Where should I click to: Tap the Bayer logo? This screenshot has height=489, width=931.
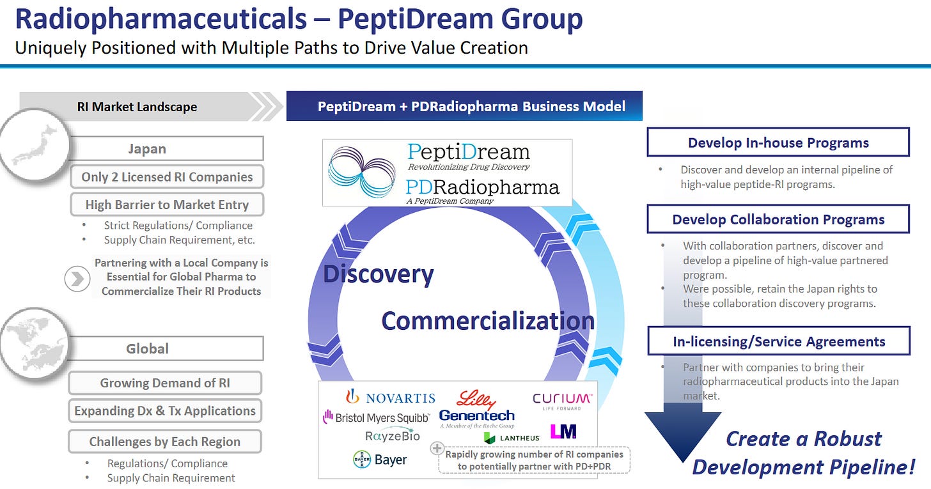pyautogui.click(x=380, y=460)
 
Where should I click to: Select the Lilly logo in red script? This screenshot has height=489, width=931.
pyautogui.click(x=476, y=400)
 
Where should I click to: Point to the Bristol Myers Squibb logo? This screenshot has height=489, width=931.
pyautogui.click(x=376, y=417)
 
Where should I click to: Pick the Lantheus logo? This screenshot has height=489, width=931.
pyautogui.click(x=512, y=438)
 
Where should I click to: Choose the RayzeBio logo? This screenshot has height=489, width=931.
pyautogui.click(x=393, y=436)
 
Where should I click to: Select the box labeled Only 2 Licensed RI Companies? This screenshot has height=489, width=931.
pyautogui.click(x=167, y=177)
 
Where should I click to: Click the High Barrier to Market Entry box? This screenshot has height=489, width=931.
pyautogui.click(x=167, y=205)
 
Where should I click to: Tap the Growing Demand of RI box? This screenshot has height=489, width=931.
pyautogui.click(x=165, y=383)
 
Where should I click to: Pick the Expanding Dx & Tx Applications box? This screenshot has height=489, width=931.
pyautogui.click(x=165, y=410)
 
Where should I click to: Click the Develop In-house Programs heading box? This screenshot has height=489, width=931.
pyautogui.click(x=778, y=142)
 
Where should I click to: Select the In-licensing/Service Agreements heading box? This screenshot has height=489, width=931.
pyautogui.click(x=778, y=341)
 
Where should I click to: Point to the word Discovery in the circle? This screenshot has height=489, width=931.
pyautogui.click(x=379, y=274)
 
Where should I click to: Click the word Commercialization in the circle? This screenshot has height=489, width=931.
pyautogui.click(x=487, y=320)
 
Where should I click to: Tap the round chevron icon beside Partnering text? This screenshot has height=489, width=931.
pyautogui.click(x=77, y=279)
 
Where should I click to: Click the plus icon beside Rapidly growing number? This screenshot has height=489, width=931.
pyautogui.click(x=438, y=448)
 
